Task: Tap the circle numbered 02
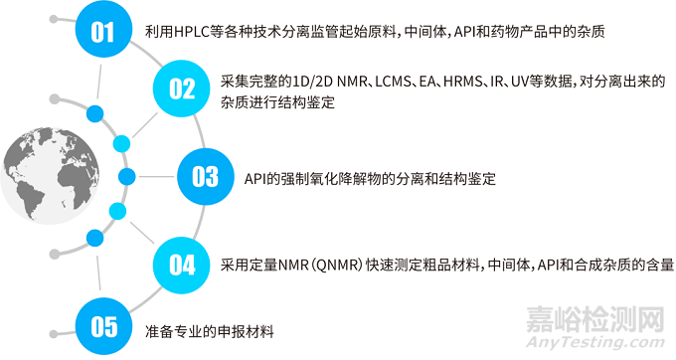(x=182, y=88)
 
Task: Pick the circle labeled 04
(x=182, y=265)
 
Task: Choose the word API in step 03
(x=255, y=178)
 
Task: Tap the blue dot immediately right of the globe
(x=126, y=177)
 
